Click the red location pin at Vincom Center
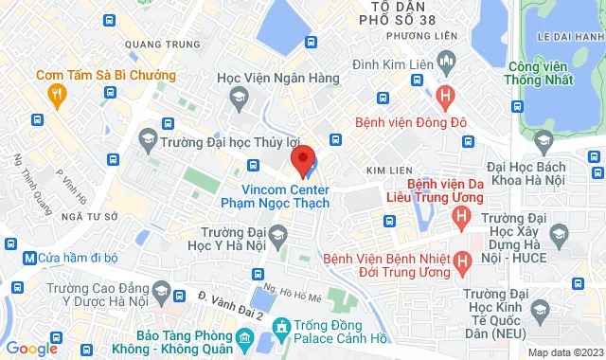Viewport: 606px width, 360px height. tap(302, 159)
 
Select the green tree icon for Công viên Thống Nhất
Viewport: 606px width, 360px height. tap(544, 142)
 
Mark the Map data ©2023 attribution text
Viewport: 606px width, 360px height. tap(564, 352)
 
